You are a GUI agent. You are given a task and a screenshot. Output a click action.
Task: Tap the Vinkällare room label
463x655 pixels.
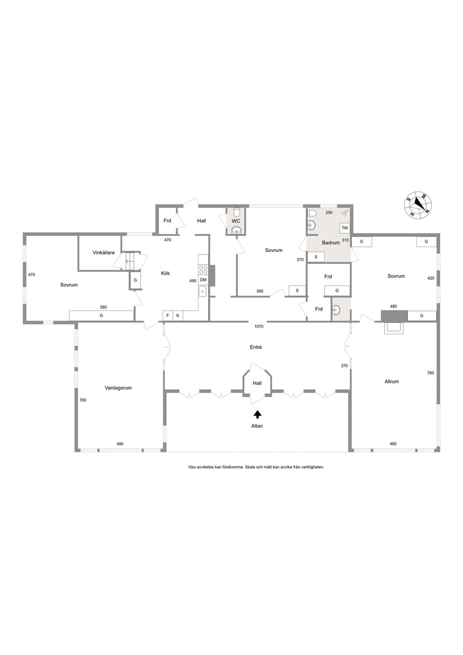tap(104, 253)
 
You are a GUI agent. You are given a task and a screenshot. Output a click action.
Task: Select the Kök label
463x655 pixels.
tap(165, 273)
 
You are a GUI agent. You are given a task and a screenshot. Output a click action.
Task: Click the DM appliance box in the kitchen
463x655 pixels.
tap(203, 280)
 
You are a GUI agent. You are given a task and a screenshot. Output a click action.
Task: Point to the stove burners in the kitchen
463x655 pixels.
tap(203, 269)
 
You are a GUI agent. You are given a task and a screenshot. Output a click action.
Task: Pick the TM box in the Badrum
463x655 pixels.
tap(344, 228)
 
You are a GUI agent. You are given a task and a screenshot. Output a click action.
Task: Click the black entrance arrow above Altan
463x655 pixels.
tap(257, 415)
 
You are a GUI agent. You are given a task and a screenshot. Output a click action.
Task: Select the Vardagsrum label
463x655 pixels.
tap(118, 388)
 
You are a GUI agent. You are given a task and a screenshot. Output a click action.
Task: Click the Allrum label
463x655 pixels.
tap(392, 381)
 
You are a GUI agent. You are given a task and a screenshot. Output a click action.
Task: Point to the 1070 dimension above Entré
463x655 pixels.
tap(259, 326)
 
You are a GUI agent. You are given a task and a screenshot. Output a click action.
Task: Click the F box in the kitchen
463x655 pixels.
tap(168, 316)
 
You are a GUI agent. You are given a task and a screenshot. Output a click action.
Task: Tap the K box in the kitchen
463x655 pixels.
tap(177, 316)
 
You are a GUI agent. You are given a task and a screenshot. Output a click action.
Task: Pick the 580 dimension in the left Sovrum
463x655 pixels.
tap(104, 307)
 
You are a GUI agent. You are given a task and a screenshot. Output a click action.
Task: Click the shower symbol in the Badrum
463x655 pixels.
tap(344, 213)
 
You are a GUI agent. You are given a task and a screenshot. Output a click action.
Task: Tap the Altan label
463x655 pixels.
tap(257, 426)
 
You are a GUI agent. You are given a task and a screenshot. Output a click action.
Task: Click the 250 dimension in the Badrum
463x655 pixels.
tap(329, 212)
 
